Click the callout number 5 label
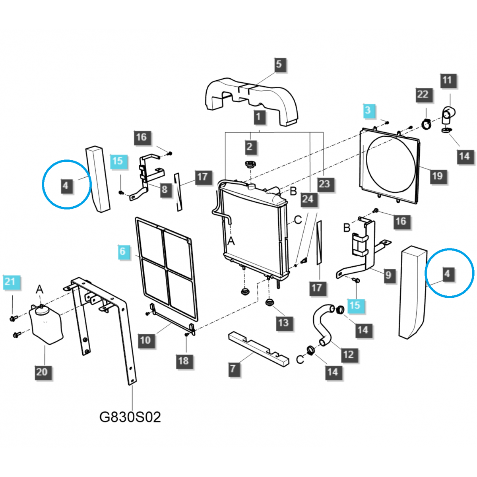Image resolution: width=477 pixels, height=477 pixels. tap(279, 64)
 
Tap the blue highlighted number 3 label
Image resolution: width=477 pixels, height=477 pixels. tap(368, 111)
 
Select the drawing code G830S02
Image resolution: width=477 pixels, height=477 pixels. tap(130, 417)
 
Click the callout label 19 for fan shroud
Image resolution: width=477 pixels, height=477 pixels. tap(437, 176)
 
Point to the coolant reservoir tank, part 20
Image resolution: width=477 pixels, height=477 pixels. tap(46, 324)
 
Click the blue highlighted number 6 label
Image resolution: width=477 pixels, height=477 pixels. tap(123, 251)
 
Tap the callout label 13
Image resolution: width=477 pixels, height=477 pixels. tap(283, 323)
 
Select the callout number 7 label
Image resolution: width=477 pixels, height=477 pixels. tap(233, 368)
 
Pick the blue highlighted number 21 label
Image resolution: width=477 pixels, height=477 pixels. tap(10, 282)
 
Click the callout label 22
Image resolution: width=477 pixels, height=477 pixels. tap(423, 95)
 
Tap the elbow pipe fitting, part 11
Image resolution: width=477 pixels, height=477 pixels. tap(447, 115)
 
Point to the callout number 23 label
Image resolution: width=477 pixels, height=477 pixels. tap(324, 184)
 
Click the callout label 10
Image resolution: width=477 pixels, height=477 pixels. tap(145, 340)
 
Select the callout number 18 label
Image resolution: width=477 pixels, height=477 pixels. tap(183, 361)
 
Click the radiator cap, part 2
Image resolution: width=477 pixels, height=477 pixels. tap(250, 165)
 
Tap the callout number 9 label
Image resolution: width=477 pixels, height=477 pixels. tap(388, 275)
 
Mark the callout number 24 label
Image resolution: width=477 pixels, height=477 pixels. tap(308, 199)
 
